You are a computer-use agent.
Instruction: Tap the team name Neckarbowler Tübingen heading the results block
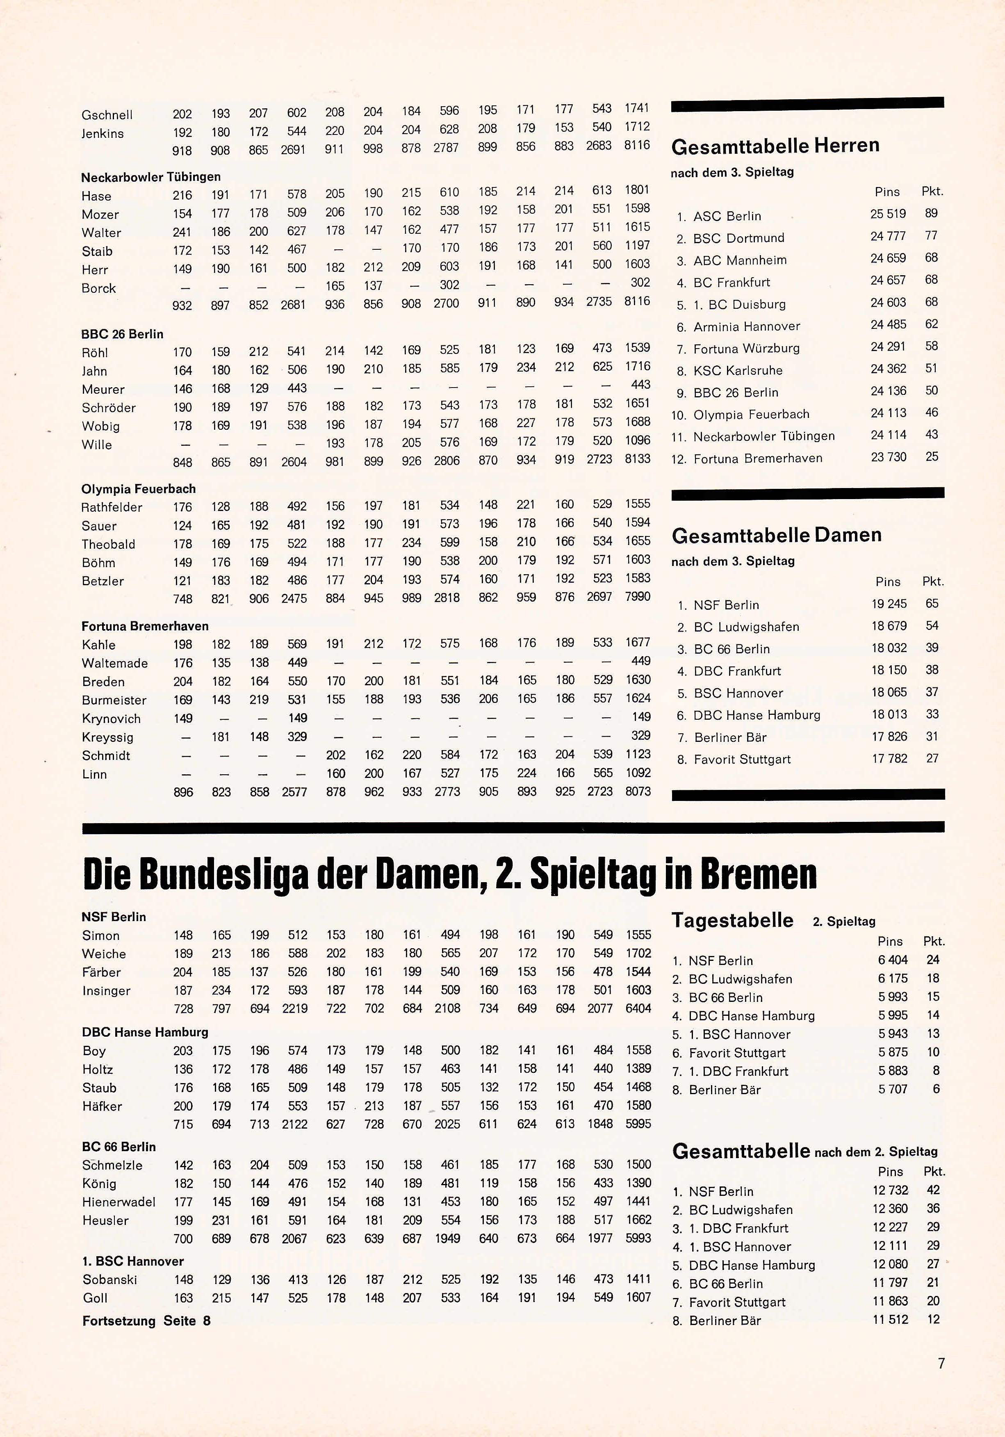click(151, 177)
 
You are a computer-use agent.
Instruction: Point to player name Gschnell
click(107, 115)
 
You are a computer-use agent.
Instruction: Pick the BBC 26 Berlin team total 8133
click(638, 459)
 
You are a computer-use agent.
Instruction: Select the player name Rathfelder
click(112, 508)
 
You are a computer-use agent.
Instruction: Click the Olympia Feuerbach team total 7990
click(638, 596)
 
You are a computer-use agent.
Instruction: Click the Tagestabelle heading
click(732, 921)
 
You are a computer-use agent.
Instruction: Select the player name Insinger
click(106, 991)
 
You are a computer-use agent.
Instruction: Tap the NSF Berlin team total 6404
click(638, 1008)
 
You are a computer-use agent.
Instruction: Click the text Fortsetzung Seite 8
click(146, 1321)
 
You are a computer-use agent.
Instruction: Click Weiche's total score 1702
click(638, 953)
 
